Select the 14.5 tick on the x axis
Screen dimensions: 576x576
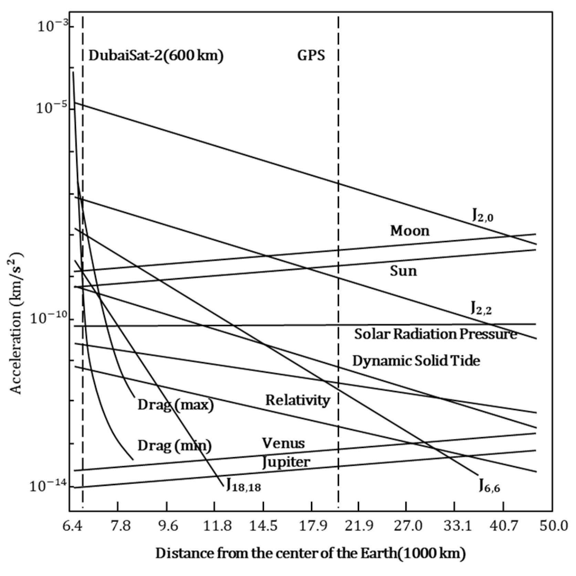click(x=263, y=526)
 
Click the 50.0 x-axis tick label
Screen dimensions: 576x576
click(x=552, y=526)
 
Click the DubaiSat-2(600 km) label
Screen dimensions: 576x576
click(x=156, y=55)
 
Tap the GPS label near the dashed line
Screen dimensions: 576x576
click(x=311, y=55)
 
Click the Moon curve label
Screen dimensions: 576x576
click(x=410, y=231)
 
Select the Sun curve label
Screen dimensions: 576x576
click(x=403, y=271)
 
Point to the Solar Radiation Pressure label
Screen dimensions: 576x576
click(x=436, y=334)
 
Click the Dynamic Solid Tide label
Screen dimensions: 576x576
click(x=416, y=361)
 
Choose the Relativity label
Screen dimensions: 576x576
click(x=297, y=400)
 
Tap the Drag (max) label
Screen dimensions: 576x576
click(x=176, y=405)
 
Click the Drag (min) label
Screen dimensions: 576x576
click(x=175, y=446)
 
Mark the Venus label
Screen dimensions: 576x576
click(x=283, y=443)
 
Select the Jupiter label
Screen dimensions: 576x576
click(x=286, y=462)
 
